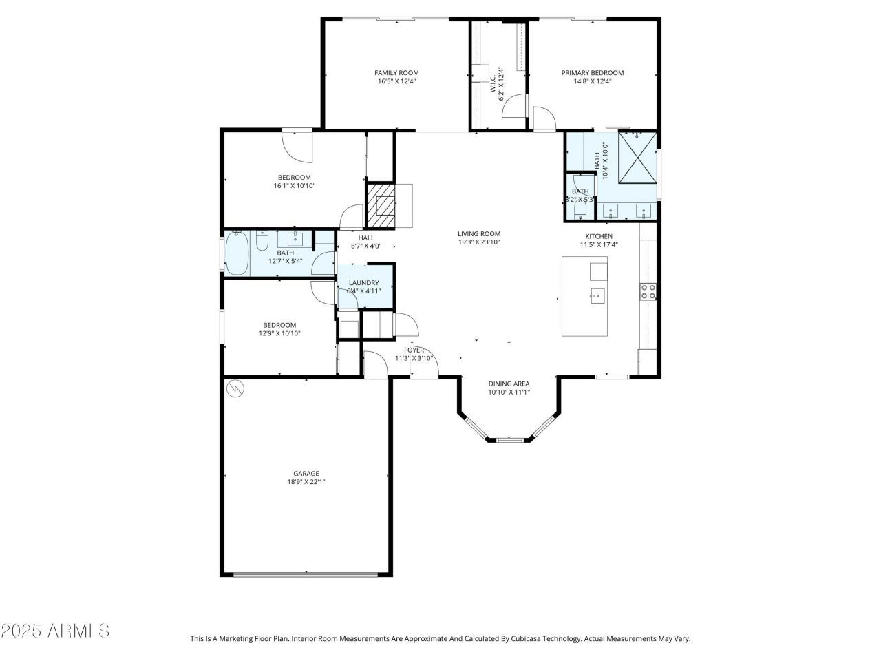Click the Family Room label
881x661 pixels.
[x=396, y=72]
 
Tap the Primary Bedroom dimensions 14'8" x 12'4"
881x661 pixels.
[x=593, y=81]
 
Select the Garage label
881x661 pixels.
[x=306, y=473]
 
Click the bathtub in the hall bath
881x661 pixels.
[x=237, y=253]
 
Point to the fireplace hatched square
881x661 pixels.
[x=381, y=205]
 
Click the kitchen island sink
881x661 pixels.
[x=596, y=297]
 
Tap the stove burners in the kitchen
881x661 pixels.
[x=648, y=292]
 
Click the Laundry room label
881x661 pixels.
[x=363, y=282]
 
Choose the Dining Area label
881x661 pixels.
[x=509, y=384]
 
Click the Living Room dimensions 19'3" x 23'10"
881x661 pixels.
[x=480, y=242]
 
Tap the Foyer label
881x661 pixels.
[x=414, y=350]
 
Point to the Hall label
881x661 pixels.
[x=366, y=238]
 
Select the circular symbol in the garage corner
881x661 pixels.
[x=235, y=388]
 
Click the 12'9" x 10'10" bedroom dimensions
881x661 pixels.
[x=279, y=333]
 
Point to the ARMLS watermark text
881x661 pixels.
[x=55, y=630]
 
